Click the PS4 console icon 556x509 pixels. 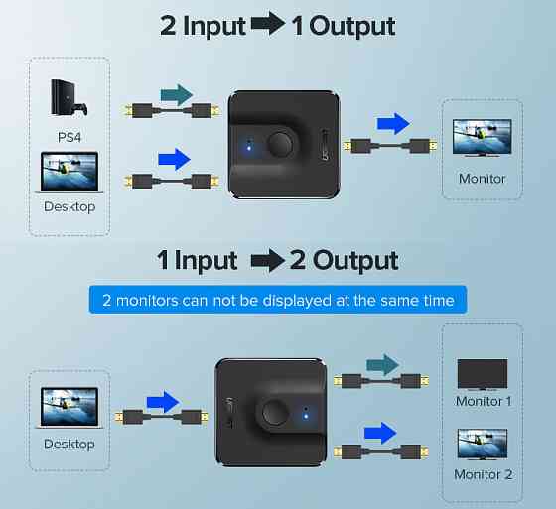click(x=69, y=97)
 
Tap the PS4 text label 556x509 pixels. click(x=69, y=137)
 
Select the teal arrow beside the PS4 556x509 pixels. click(x=177, y=95)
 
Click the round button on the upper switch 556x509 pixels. click(x=280, y=144)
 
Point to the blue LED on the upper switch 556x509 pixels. click(x=249, y=147)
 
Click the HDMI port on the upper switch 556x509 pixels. click(x=325, y=145)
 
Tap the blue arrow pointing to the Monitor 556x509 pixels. click(x=393, y=124)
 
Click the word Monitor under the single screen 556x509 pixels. click(x=482, y=179)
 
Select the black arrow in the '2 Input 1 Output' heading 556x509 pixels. click(x=268, y=24)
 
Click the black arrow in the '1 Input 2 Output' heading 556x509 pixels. click(x=268, y=261)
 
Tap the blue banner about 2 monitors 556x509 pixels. click(x=278, y=300)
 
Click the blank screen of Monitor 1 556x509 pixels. click(x=483, y=374)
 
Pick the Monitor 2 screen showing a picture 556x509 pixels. click(x=483, y=444)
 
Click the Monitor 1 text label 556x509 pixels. click(x=484, y=401)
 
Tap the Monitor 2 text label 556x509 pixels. click(x=484, y=474)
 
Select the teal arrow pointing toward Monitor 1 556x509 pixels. click(x=382, y=365)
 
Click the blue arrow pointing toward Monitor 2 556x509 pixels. click(x=380, y=433)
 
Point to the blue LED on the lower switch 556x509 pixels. click(x=306, y=416)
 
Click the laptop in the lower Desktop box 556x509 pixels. click(x=69, y=408)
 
